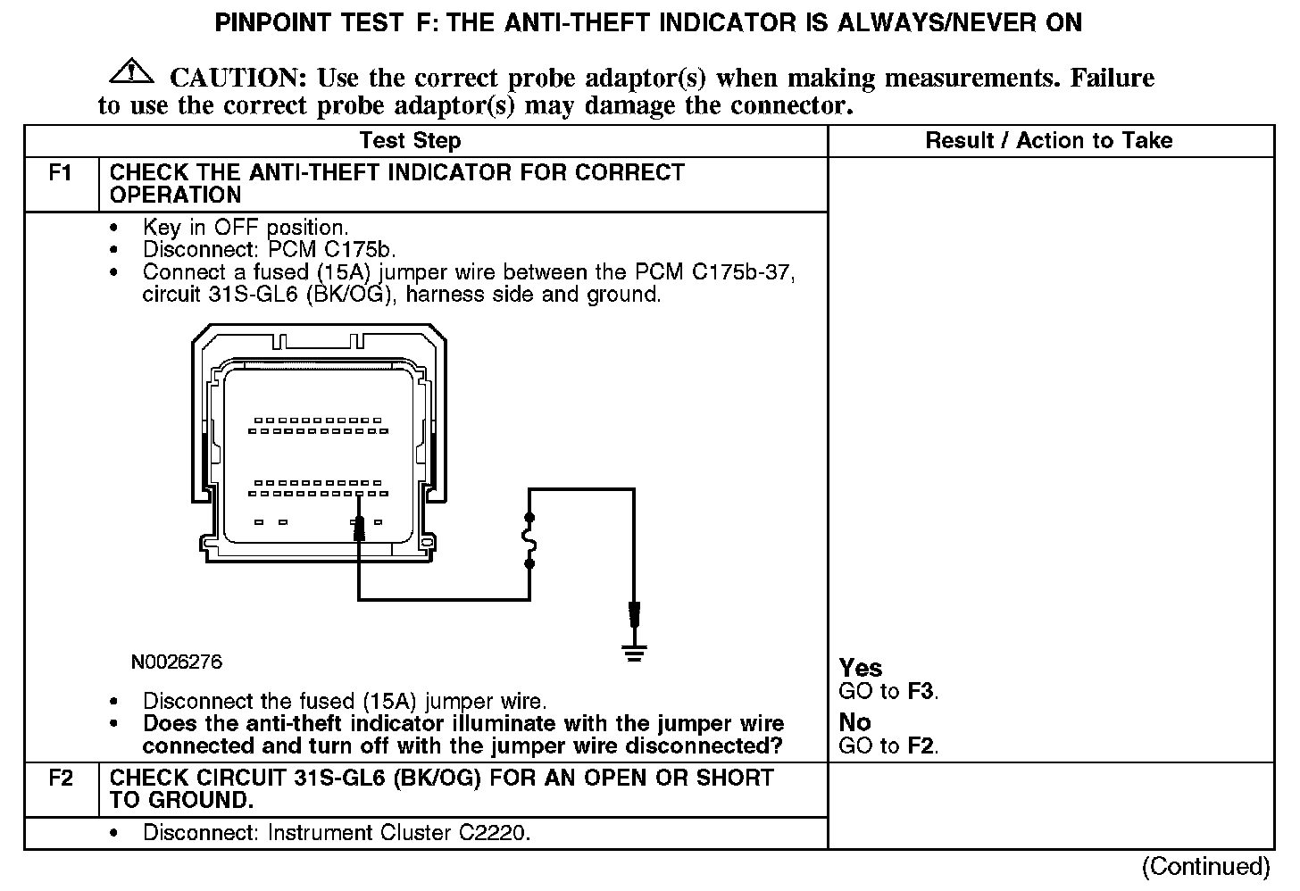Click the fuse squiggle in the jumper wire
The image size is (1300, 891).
[x=529, y=540]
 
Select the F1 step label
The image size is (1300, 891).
[x=61, y=172]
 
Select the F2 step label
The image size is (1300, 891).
[x=61, y=778]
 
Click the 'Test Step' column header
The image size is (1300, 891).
[x=410, y=141]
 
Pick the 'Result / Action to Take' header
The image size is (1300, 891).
[x=1048, y=141]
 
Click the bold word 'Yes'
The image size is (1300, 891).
[x=861, y=668]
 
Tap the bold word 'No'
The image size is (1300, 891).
[x=854, y=721]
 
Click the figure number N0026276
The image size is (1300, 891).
[x=176, y=662]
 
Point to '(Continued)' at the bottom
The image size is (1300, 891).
[x=1205, y=866]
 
